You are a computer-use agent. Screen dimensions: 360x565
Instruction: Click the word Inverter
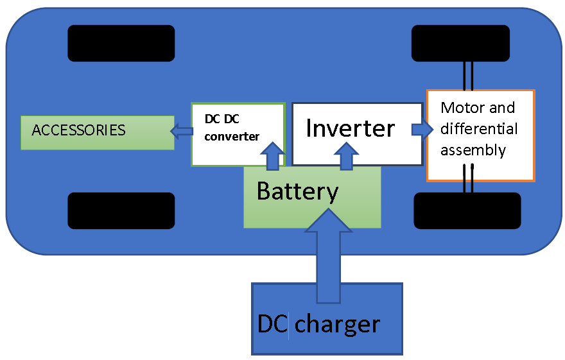(350, 128)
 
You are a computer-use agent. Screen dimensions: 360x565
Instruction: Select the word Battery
(297, 191)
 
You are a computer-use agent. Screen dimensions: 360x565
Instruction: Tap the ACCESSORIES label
(78, 130)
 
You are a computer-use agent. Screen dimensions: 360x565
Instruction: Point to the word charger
(337, 324)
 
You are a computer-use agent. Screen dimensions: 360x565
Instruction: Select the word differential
(479, 129)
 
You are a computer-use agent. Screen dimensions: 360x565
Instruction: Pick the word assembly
(473, 151)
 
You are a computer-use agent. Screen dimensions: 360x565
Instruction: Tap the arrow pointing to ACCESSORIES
(182, 132)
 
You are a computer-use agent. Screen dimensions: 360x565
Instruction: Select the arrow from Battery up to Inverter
(347, 156)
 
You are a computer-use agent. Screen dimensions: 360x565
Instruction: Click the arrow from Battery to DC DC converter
(273, 156)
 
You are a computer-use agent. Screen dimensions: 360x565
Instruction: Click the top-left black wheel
(121, 43)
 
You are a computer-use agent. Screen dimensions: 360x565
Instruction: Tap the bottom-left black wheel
(121, 210)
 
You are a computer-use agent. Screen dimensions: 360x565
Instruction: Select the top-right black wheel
(460, 43)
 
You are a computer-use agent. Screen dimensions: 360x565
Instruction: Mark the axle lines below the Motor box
(469, 179)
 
